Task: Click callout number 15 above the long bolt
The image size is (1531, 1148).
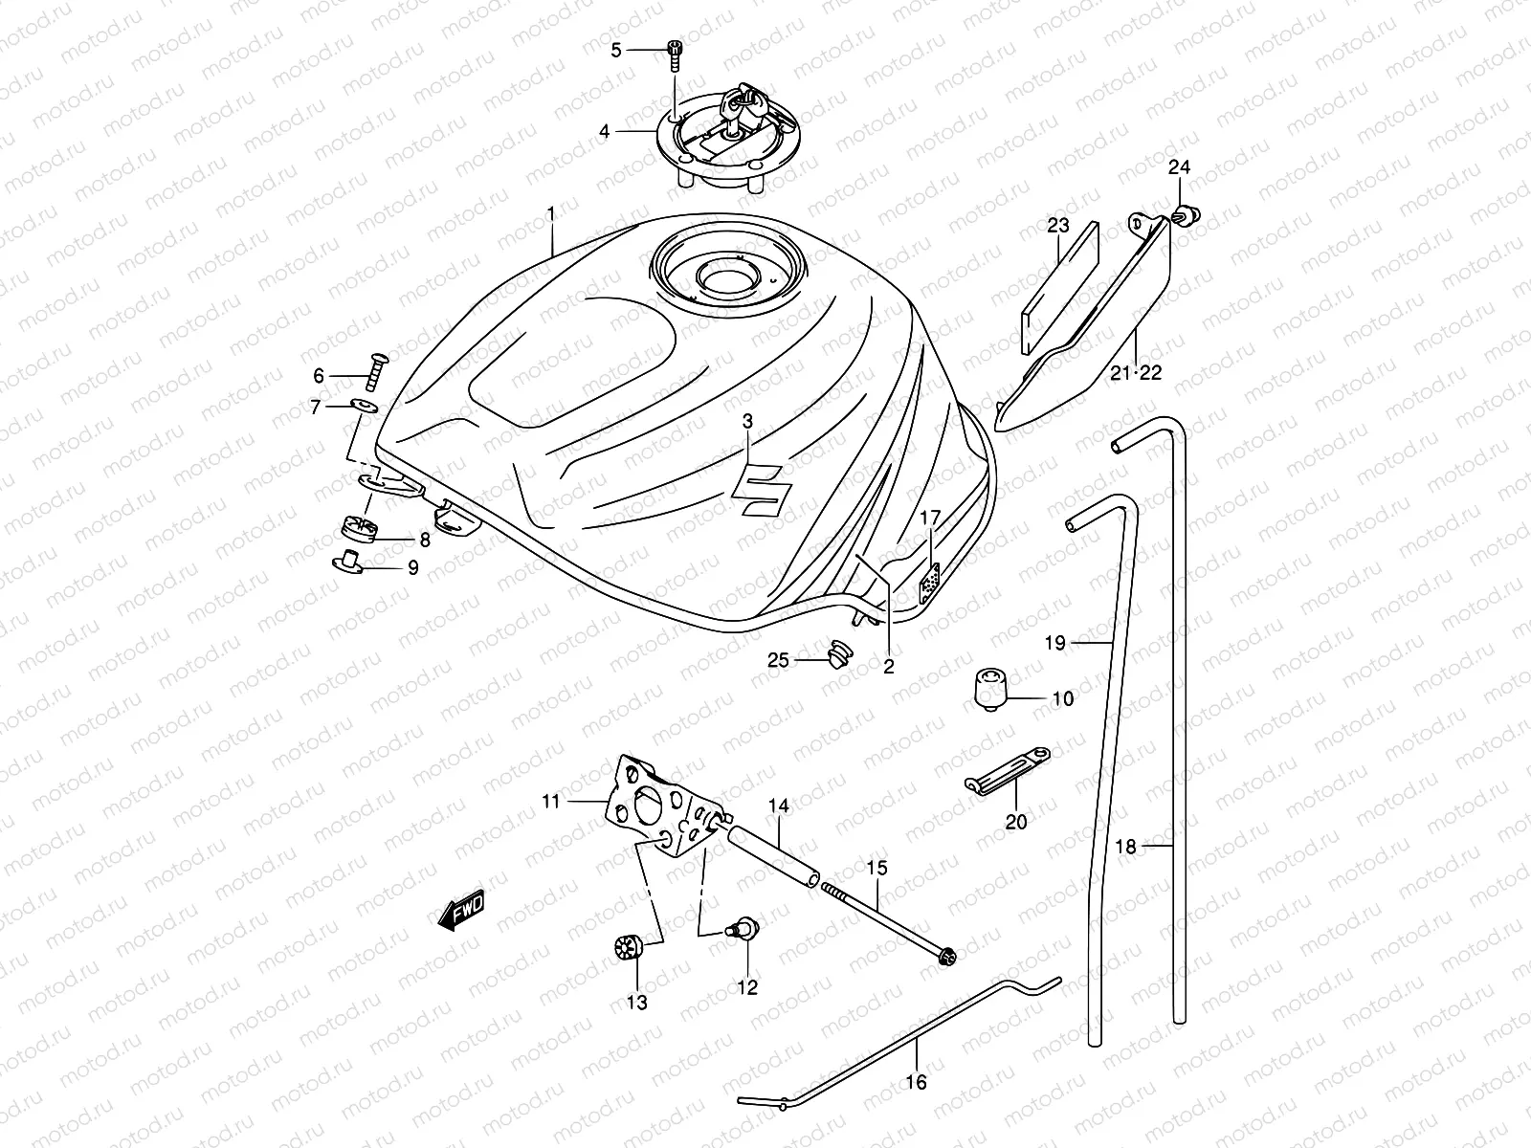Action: [877, 869]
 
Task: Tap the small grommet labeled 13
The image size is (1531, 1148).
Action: [628, 951]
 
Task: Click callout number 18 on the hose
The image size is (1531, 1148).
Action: [1126, 847]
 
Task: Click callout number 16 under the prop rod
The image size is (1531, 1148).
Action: [916, 1082]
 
